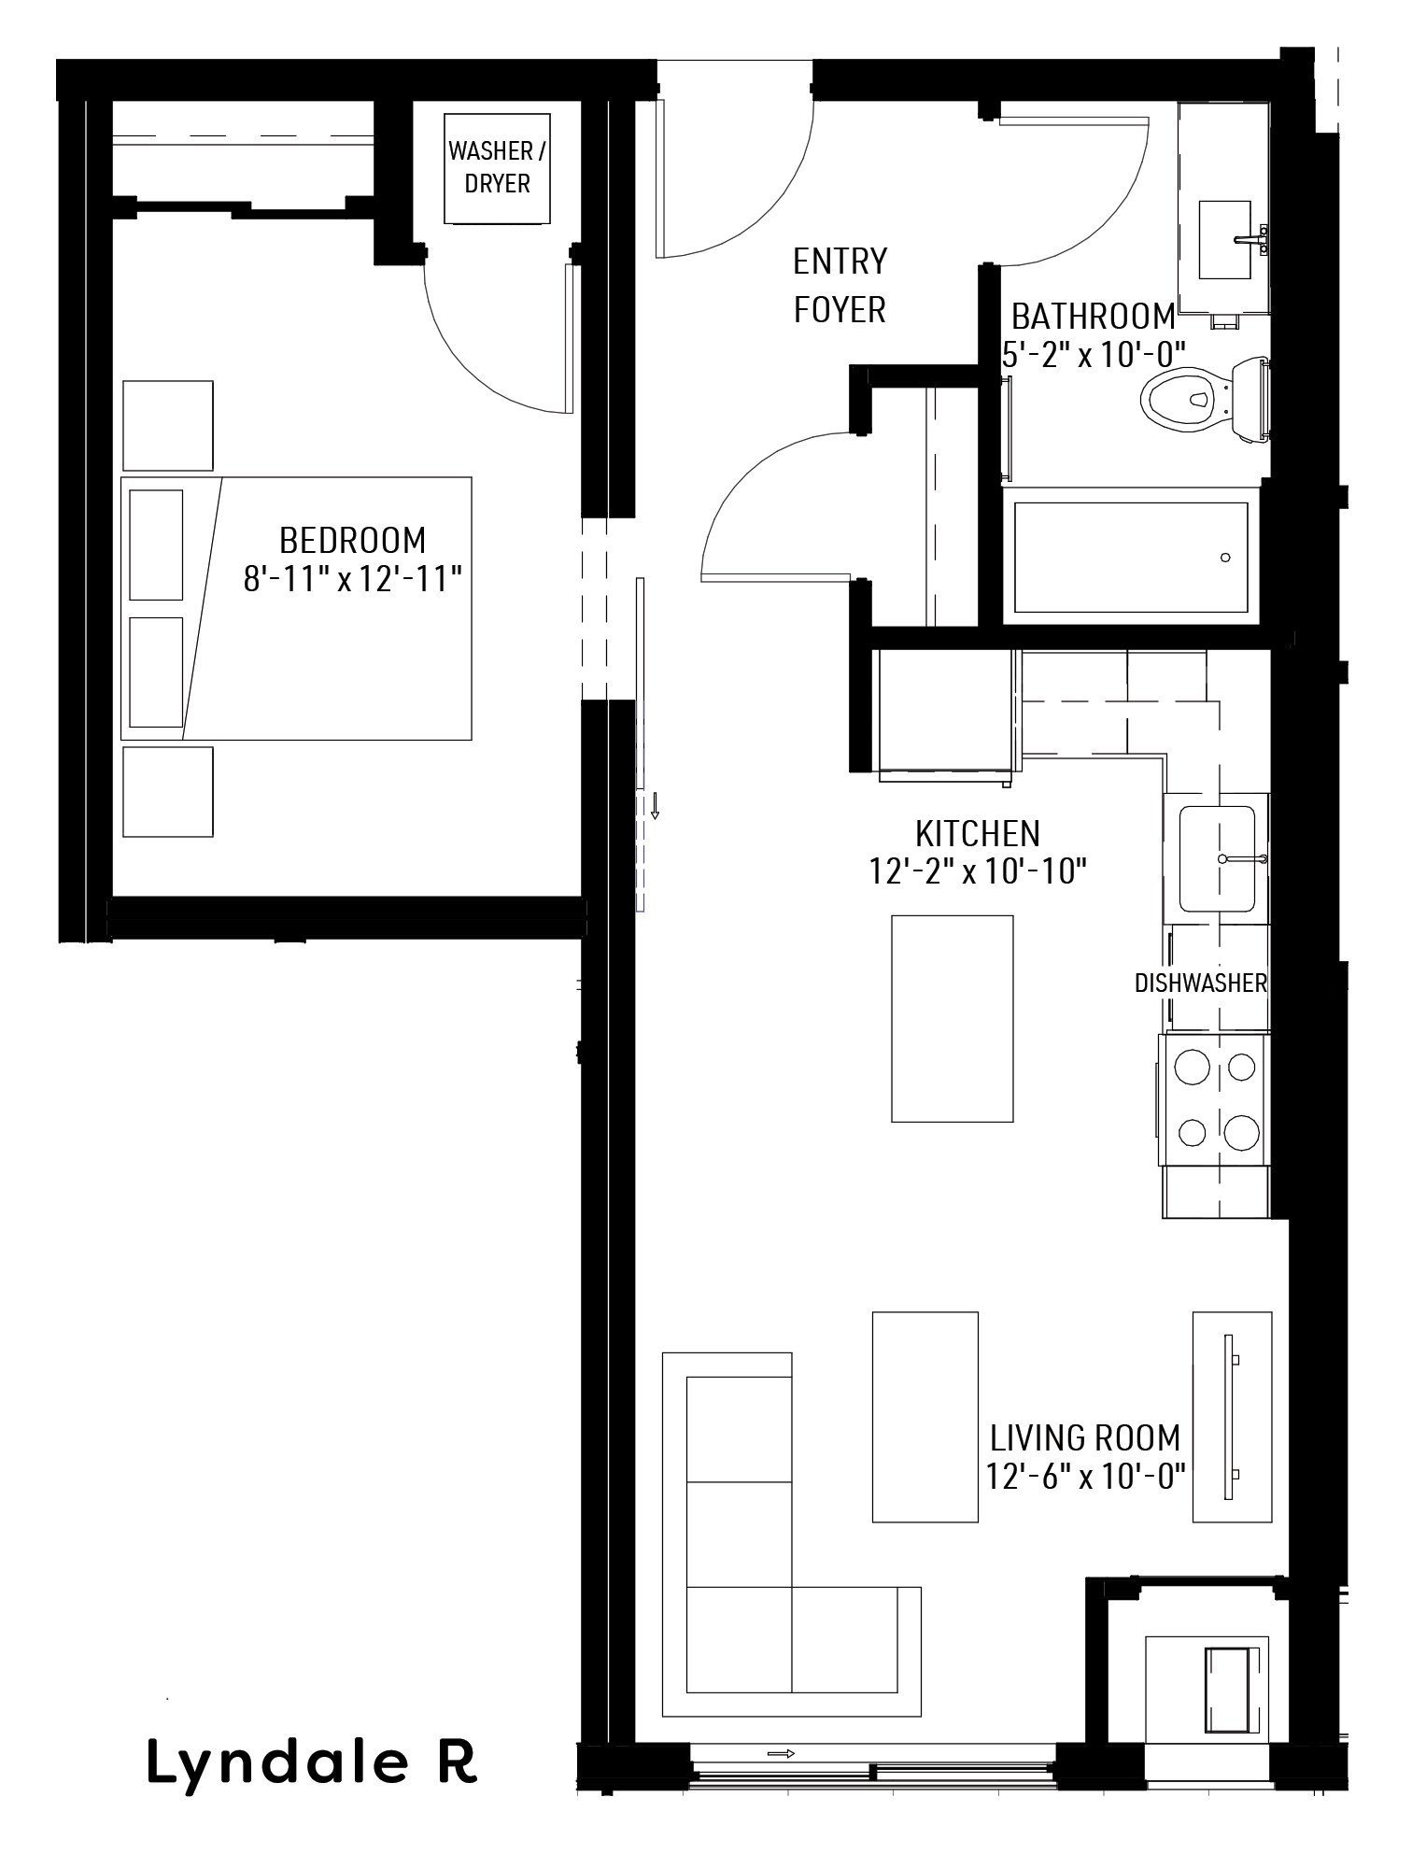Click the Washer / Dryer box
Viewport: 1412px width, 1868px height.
coord(497,168)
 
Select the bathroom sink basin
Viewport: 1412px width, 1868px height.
coord(1224,239)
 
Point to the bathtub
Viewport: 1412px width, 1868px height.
coord(1130,558)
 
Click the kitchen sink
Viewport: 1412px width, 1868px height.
coord(1216,858)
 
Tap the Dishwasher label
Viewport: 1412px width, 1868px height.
coord(1201,983)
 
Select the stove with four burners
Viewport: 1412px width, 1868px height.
coord(1214,1099)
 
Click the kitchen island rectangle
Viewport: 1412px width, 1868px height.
coord(952,1018)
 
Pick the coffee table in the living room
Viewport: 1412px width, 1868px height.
coord(925,1417)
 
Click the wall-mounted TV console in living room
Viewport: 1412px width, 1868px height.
coord(1232,1417)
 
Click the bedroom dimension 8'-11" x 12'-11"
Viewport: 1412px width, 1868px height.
coord(353,579)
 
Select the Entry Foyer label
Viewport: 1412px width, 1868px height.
coord(840,285)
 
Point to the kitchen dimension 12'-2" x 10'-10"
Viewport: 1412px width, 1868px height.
coord(978,871)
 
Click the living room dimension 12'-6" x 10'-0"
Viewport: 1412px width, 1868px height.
coord(1085,1477)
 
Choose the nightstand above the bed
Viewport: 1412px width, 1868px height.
coord(168,425)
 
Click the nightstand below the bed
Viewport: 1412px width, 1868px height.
coord(168,791)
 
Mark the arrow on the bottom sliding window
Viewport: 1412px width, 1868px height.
coord(781,1753)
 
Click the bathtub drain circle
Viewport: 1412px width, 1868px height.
coord(1225,558)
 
